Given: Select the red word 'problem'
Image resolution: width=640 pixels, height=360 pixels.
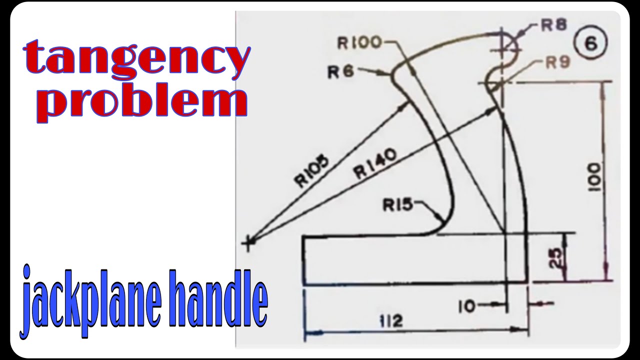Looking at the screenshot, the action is pos(141,102).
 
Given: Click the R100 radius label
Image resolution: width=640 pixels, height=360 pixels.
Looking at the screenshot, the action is pos(359,43).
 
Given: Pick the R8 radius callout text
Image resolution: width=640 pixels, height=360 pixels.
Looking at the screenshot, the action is pos(553,25).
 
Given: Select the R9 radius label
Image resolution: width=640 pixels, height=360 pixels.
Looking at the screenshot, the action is pos(557,62).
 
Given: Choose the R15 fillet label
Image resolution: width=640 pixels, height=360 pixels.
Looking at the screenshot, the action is pos(397,205).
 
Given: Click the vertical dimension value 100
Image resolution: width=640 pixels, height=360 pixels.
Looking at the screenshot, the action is pos(595,177).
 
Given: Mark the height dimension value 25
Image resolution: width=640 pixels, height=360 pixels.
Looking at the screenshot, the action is pos(554,258).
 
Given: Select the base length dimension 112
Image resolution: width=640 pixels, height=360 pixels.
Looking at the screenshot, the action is pos(391,320).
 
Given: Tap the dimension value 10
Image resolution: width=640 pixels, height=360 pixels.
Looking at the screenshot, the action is pos(467,306).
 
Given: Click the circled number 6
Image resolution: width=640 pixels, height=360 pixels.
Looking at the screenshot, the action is pos(590,43).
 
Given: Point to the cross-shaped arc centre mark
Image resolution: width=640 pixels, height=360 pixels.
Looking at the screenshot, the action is pos(247,243).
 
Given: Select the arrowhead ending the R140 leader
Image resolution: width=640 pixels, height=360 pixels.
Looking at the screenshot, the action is pos(491,109).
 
